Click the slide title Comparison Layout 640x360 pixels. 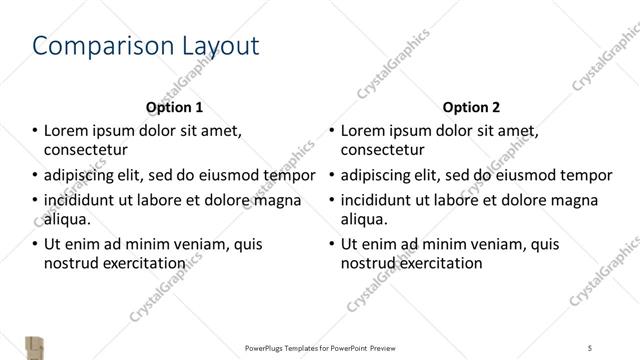tap(146, 46)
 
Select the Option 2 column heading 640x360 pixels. tap(472, 107)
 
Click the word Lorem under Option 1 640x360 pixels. tap(68, 130)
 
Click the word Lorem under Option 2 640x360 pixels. tap(365, 130)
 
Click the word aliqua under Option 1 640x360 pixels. tap(67, 220)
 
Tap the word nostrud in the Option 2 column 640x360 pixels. tap(367, 264)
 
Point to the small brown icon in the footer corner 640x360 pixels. tap(35, 346)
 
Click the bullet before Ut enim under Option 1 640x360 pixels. tap(35, 243)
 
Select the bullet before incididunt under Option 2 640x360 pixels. tap(332, 199)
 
